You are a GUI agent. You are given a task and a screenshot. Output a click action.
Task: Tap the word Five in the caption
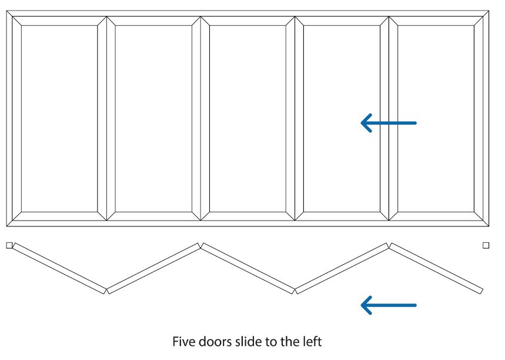pos(183,341)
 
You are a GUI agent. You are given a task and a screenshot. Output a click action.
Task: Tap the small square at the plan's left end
pos(9,245)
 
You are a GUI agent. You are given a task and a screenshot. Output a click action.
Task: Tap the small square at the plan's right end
pos(486,245)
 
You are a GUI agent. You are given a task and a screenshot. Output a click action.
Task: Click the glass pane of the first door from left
pos(59,118)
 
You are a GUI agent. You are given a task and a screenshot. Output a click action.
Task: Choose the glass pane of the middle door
pos(248,118)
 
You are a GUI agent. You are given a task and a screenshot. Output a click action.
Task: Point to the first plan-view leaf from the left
pos(59,268)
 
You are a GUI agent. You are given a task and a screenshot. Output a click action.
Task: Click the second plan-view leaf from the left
pos(154,268)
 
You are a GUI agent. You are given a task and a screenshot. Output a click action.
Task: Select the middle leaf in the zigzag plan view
pos(248,268)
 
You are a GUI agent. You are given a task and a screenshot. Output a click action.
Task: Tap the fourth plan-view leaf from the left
pos(342,268)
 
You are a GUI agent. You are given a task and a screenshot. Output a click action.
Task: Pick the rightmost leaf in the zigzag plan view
pos(436,268)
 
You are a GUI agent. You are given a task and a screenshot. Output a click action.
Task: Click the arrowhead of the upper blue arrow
pos(366,123)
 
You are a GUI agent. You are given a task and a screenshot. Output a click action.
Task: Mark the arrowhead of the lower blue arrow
pos(366,305)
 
